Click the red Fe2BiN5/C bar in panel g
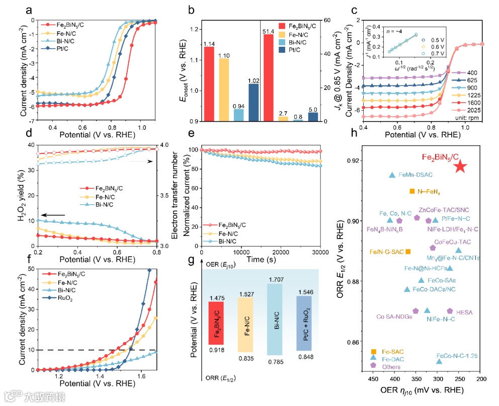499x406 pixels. click(216, 322)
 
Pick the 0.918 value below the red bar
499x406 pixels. click(216, 350)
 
